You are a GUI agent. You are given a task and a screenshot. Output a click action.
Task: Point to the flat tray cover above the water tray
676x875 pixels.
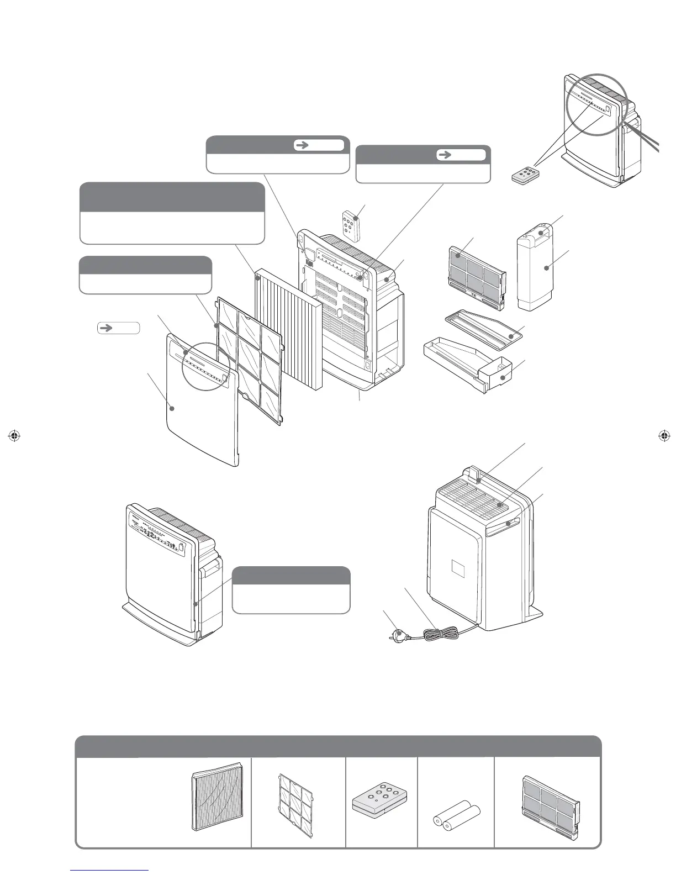click(x=484, y=326)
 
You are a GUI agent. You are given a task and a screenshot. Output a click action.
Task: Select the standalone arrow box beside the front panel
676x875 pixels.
click(x=118, y=328)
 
